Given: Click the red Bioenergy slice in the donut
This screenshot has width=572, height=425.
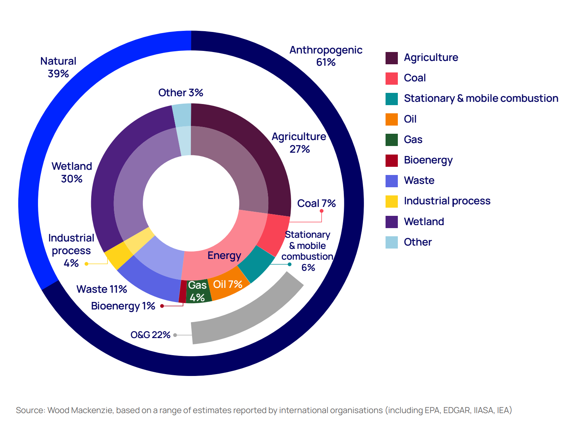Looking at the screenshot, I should click(x=182, y=292).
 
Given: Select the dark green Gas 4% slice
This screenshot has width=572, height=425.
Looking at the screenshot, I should click(x=198, y=292).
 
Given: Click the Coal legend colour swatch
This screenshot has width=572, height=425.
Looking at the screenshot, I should click(x=392, y=78).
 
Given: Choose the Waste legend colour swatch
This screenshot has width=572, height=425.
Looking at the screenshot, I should click(x=392, y=181).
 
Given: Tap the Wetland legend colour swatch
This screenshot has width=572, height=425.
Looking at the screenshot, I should click(x=392, y=222).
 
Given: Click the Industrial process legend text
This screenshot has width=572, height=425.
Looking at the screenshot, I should click(x=447, y=201).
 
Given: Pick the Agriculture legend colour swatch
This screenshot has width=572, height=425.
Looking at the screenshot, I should click(x=392, y=58).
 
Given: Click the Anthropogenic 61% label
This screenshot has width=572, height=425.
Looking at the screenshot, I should click(x=326, y=56).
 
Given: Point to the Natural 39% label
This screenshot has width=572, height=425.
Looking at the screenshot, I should click(x=58, y=67).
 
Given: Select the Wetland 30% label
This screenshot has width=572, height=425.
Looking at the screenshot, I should click(x=71, y=172).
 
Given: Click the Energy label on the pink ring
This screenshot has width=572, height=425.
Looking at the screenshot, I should click(x=224, y=256).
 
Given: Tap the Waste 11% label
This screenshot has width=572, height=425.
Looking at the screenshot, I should click(x=102, y=289).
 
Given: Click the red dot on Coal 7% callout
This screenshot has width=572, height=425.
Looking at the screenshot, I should click(x=322, y=211).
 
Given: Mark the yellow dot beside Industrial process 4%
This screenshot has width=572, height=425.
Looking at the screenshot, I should click(x=86, y=264).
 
